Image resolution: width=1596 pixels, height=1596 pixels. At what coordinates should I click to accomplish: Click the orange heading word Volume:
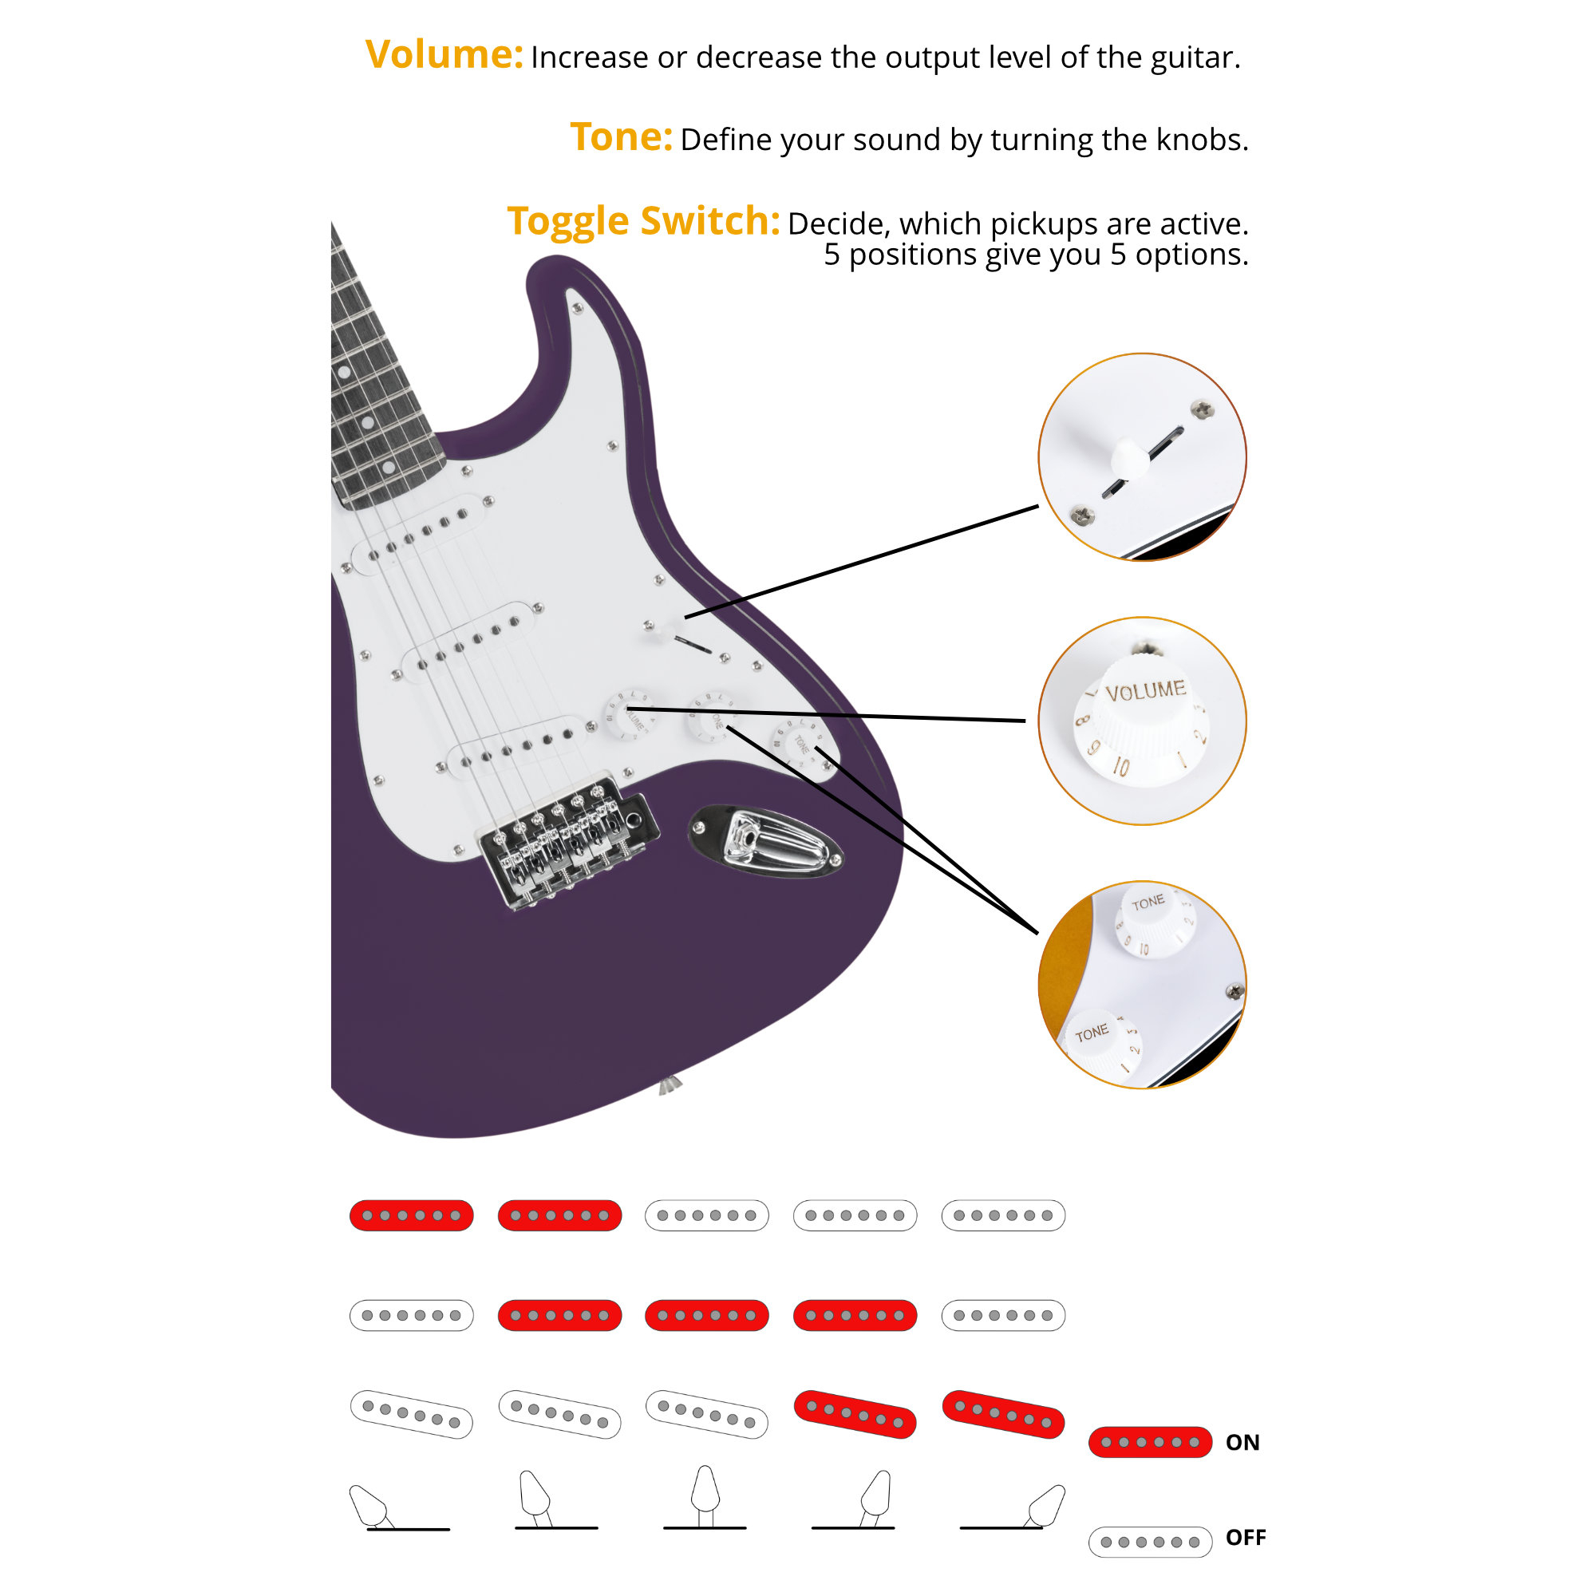click(444, 54)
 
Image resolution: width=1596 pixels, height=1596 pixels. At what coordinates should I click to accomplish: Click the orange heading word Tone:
click(621, 137)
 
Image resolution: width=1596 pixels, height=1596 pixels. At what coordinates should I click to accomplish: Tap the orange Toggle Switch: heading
click(643, 221)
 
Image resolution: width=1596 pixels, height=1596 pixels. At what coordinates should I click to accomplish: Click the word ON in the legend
click(1242, 1442)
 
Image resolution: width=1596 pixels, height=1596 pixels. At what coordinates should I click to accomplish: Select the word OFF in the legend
click(1246, 1538)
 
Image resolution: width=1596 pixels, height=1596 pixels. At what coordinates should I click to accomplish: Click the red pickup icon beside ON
click(1150, 1441)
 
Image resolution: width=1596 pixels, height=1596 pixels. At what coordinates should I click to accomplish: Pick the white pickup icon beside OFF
click(1150, 1542)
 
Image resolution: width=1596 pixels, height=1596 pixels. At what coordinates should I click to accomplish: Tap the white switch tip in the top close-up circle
click(1130, 460)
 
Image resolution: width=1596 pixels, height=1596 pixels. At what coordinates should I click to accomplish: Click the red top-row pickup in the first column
click(412, 1215)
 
